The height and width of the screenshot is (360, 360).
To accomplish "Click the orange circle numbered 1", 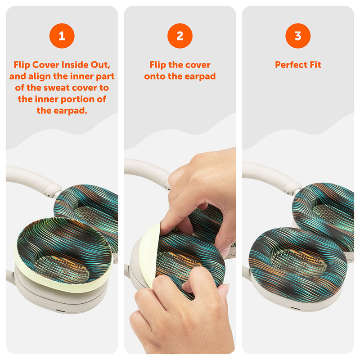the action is (62, 36).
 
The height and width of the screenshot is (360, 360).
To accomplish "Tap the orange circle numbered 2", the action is (180, 36).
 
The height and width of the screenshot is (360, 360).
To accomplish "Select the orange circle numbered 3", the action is (298, 36).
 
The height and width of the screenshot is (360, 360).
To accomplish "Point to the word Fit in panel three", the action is (315, 65).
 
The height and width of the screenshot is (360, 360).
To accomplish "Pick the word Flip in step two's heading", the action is (158, 65).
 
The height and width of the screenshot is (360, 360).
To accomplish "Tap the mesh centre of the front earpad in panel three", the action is (298, 262).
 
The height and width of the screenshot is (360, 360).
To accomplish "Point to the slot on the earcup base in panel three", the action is (296, 308).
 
